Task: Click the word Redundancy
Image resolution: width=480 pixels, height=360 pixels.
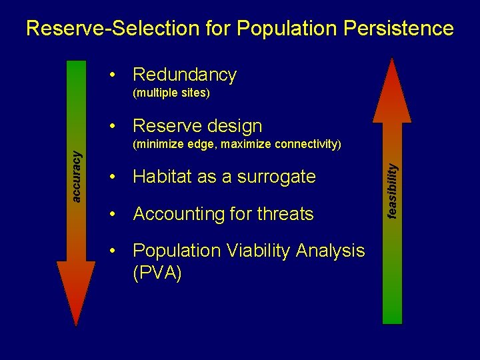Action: pyautogui.click(x=185, y=75)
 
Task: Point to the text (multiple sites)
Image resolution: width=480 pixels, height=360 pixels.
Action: pyautogui.click(x=171, y=93)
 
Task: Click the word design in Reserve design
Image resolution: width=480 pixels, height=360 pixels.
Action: pyautogui.click(x=231, y=125)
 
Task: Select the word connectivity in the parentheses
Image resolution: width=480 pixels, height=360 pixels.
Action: pyautogui.click(x=307, y=144)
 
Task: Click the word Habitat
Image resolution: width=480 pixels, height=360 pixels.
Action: pyautogui.click(x=162, y=177)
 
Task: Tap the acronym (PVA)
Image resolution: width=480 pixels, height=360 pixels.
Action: pyautogui.click(x=157, y=273)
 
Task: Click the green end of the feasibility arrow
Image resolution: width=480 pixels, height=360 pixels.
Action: pyautogui.click(x=393, y=307)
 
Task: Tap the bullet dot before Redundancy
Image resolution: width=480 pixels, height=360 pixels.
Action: pyautogui.click(x=116, y=75)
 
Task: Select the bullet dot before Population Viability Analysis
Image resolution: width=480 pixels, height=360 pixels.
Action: pyautogui.click(x=116, y=251)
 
